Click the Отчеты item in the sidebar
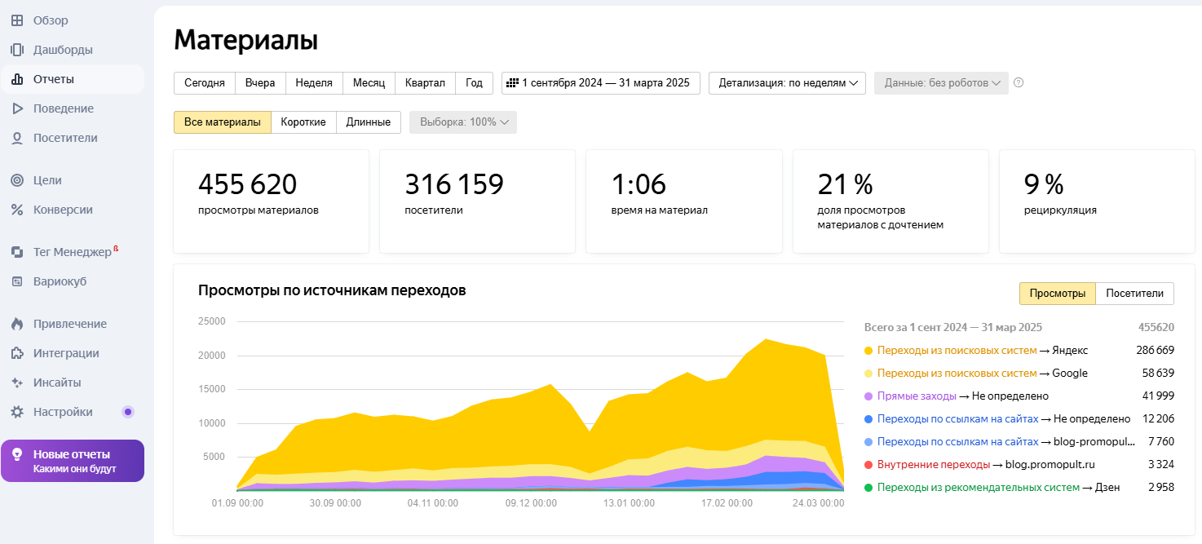(x=54, y=79)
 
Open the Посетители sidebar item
(x=65, y=138)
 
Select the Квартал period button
(x=425, y=82)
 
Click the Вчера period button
(x=260, y=82)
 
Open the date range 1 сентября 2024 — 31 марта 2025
(x=600, y=82)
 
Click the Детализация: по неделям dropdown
(x=787, y=82)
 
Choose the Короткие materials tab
(x=303, y=122)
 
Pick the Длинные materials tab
(x=368, y=122)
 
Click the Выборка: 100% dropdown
(x=463, y=122)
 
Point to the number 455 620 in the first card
(x=247, y=184)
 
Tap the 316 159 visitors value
(x=453, y=184)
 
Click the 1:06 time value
(x=639, y=184)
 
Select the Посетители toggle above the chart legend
(x=1134, y=294)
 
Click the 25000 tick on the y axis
(x=211, y=321)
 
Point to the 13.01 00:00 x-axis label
(x=628, y=503)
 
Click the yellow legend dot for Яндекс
(x=868, y=351)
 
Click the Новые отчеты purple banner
(x=73, y=461)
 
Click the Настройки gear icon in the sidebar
(x=17, y=412)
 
